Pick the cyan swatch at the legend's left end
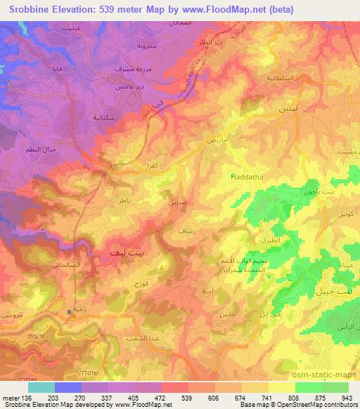[41, 387]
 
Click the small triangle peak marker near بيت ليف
[162, 266]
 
